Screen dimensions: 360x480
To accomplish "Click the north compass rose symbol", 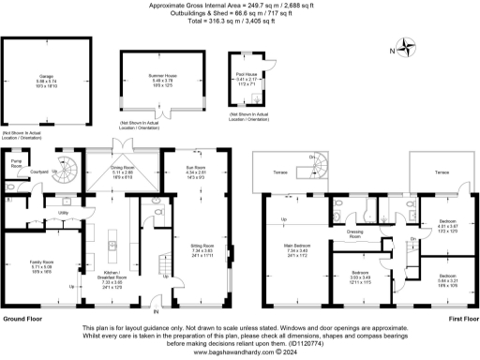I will [407, 43].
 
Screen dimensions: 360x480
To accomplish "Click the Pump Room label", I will [15, 165].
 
